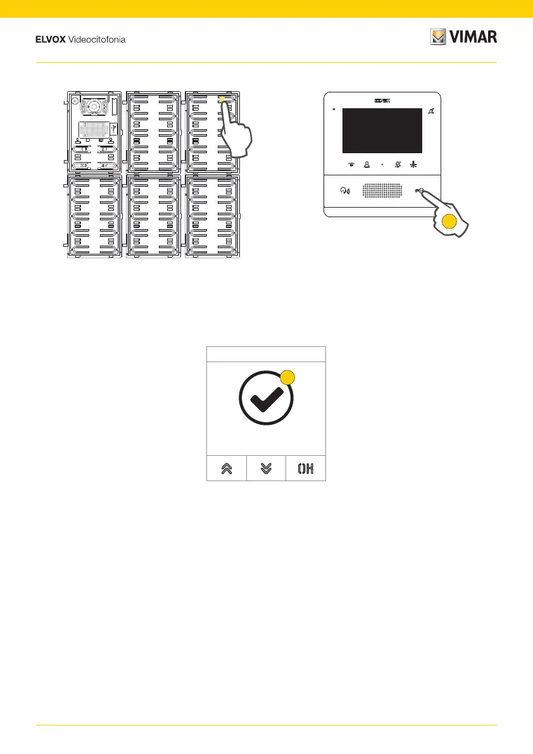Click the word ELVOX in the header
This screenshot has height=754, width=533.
tap(49, 40)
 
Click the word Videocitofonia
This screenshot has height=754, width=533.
tap(97, 40)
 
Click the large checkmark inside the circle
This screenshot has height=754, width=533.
tap(266, 400)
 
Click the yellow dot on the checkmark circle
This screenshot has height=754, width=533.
tap(287, 377)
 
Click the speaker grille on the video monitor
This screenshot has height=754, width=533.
tap(382, 190)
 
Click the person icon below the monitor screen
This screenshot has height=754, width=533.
tap(366, 163)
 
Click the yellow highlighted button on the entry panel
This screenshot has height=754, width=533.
tap(222, 99)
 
